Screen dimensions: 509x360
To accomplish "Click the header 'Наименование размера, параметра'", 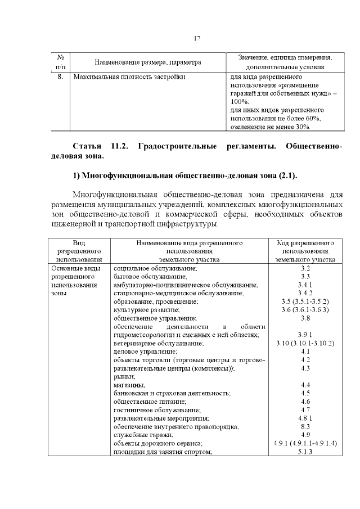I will (x=148, y=62).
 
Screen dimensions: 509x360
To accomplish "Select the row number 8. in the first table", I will (x=61, y=76).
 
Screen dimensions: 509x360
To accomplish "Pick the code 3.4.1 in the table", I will (x=305, y=285).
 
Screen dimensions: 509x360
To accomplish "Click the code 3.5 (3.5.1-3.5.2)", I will (x=305, y=302).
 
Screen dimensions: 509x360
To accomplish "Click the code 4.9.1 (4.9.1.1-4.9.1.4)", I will (x=305, y=443).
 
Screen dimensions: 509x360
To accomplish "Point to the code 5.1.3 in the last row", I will (x=305, y=452).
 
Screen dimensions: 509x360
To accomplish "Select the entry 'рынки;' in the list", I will (x=124, y=376).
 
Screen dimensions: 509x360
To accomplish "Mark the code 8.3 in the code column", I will (x=305, y=427).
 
